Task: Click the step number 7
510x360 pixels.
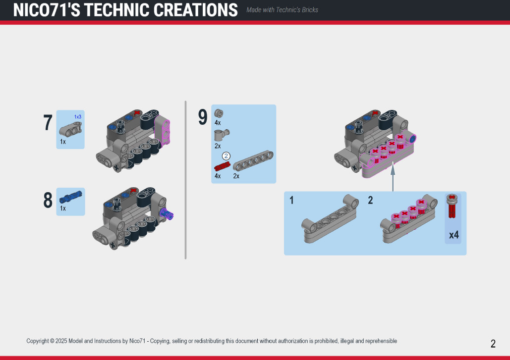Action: tap(48, 122)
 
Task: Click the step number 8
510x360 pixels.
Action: tap(48, 200)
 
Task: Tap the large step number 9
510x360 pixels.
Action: tap(203, 117)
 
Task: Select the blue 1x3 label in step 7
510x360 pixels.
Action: tap(78, 117)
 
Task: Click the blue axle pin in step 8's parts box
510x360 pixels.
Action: tap(70, 197)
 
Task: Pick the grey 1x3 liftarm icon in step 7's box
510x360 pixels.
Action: tap(70, 129)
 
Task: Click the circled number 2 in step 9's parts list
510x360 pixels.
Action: tap(226, 156)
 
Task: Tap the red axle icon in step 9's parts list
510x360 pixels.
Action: tap(222, 166)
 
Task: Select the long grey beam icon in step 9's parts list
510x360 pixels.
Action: tap(253, 160)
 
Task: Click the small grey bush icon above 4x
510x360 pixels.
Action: tap(219, 113)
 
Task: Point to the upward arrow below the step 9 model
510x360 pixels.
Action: tap(393, 177)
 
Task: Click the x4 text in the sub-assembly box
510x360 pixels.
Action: tap(453, 235)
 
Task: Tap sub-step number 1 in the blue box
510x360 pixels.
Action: tap(291, 200)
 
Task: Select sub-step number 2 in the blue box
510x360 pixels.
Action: tap(370, 200)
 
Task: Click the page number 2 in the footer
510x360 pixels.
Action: tap(493, 344)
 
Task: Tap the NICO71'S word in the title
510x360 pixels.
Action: tap(47, 10)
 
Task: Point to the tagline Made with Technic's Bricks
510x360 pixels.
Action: tap(282, 10)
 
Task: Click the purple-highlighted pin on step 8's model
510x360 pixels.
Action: tap(167, 214)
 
